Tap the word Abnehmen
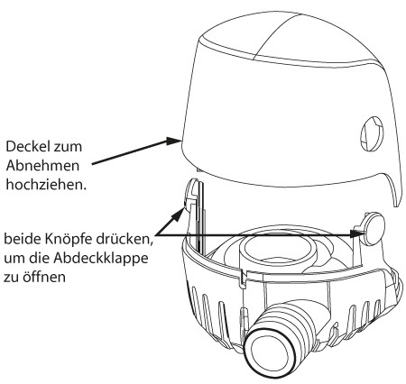(42, 166)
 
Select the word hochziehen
(46, 184)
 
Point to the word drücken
(124, 240)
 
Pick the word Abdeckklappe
(101, 258)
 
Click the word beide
(23, 240)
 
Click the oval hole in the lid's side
(372, 133)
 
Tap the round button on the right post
(374, 228)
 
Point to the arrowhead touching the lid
(174, 141)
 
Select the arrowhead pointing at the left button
(179, 214)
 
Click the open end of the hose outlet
(270, 352)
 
